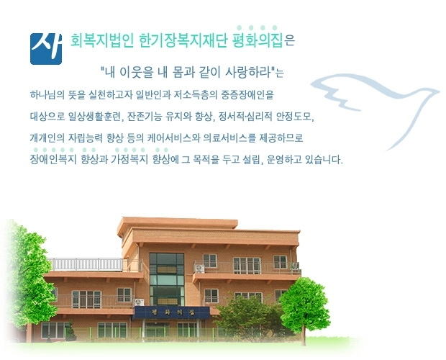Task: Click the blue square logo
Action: (x=46, y=49)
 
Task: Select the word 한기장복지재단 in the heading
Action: (x=183, y=41)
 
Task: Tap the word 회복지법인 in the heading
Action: (x=102, y=41)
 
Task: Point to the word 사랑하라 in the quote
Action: (x=247, y=72)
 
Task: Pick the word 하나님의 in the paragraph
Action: (x=47, y=95)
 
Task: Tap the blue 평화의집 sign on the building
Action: (x=172, y=312)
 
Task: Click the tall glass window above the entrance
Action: (x=167, y=279)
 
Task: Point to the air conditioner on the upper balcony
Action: (x=199, y=269)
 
